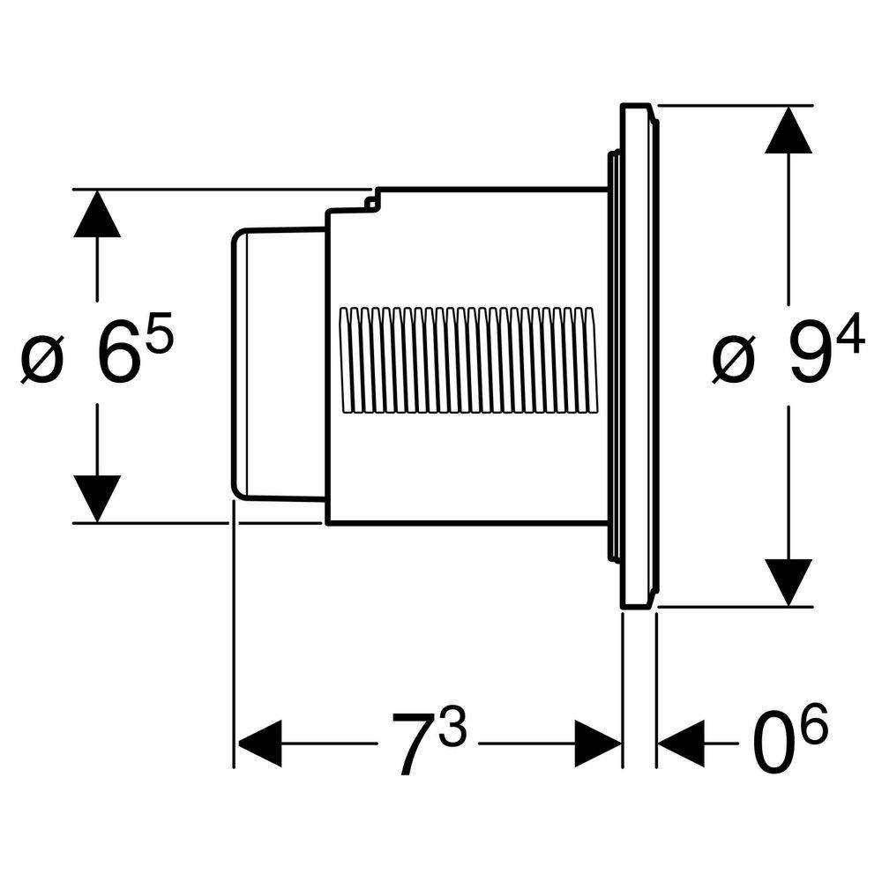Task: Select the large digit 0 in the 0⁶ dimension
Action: tap(773, 746)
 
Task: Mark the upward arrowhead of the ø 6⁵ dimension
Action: tap(97, 215)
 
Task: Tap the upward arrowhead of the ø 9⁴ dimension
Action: tap(788, 132)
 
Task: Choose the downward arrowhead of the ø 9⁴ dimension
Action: tap(788, 581)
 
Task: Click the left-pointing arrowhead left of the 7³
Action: tap(260, 744)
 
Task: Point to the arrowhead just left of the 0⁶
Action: tap(681, 744)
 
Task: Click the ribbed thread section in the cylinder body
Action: tap(467, 359)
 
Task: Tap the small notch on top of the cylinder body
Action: tap(372, 202)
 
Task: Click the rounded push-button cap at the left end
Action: tap(278, 362)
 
